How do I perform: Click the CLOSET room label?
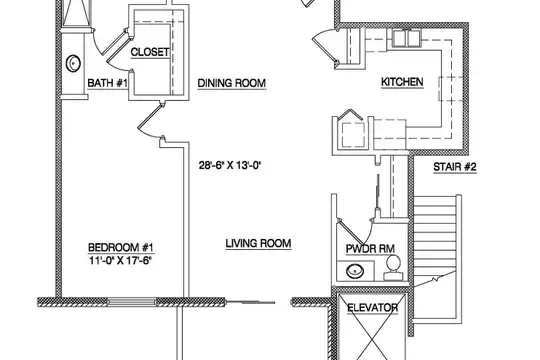[x=150, y=52]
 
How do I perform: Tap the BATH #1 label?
[x=107, y=83]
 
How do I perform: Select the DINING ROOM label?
[x=232, y=83]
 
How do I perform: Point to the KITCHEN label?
[x=402, y=82]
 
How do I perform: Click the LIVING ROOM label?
[x=258, y=243]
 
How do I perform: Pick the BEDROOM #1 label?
[x=121, y=247]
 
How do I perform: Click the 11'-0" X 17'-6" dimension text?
[x=121, y=260]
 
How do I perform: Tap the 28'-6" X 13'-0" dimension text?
[x=230, y=165]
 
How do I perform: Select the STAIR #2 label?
[x=455, y=167]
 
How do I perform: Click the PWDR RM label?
[x=370, y=249]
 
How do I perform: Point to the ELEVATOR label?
[x=372, y=308]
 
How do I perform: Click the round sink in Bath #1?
[x=73, y=63]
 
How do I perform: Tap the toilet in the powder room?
[x=393, y=268]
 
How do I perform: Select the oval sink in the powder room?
[x=355, y=271]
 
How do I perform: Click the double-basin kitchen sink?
[x=407, y=38]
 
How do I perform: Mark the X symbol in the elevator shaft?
[x=372, y=327]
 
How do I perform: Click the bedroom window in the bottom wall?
[x=132, y=302]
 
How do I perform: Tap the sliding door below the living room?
[x=250, y=302]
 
